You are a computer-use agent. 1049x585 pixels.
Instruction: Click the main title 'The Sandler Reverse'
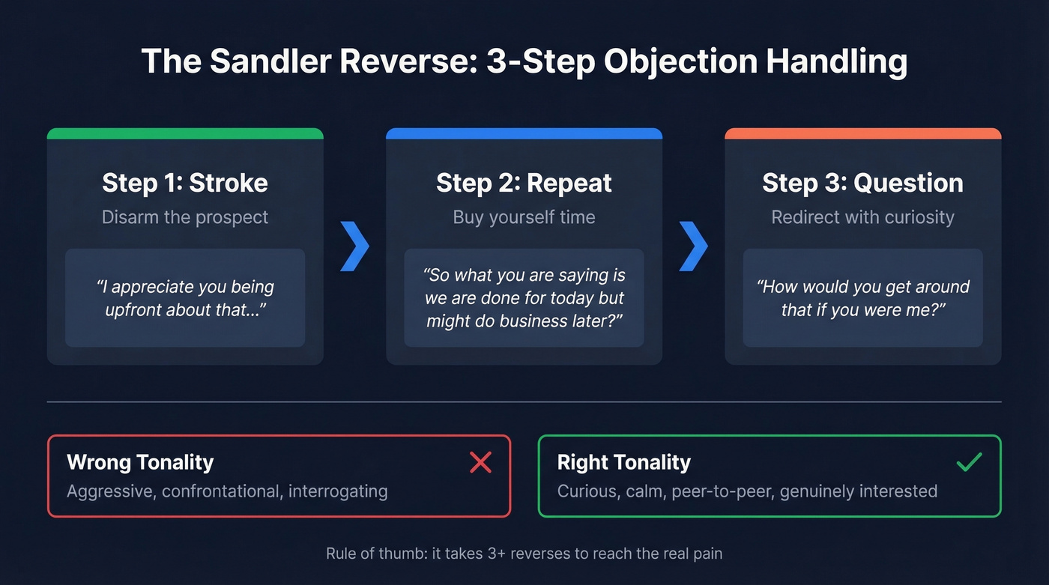click(x=524, y=61)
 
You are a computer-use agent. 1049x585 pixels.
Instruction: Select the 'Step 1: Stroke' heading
click(x=185, y=183)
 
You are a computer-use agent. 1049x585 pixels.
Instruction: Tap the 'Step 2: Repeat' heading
click(x=524, y=183)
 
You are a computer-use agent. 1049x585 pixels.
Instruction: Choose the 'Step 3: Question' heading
click(x=862, y=183)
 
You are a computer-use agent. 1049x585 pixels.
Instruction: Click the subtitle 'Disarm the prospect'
click(x=185, y=217)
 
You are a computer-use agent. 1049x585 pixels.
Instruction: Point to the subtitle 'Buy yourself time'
click(x=524, y=217)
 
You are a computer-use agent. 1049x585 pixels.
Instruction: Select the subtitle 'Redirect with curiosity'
click(x=862, y=217)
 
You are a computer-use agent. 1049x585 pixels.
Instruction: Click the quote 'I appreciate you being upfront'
click(x=185, y=298)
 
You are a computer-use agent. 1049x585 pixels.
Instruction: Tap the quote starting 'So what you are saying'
click(x=524, y=298)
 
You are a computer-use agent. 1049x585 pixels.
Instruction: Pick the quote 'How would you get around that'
click(x=862, y=298)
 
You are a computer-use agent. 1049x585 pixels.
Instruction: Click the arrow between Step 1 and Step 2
click(x=354, y=246)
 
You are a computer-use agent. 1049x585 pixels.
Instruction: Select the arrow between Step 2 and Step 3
click(x=693, y=246)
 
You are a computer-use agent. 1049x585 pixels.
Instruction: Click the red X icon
click(x=480, y=463)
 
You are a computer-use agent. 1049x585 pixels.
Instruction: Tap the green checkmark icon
click(x=970, y=463)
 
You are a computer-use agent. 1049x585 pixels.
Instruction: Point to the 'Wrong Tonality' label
click(x=140, y=462)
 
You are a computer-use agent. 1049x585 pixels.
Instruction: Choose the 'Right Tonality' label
click(x=623, y=462)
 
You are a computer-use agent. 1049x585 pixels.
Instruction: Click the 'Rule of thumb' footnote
click(x=524, y=554)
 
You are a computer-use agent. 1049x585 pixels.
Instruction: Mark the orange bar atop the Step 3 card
click(x=862, y=133)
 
